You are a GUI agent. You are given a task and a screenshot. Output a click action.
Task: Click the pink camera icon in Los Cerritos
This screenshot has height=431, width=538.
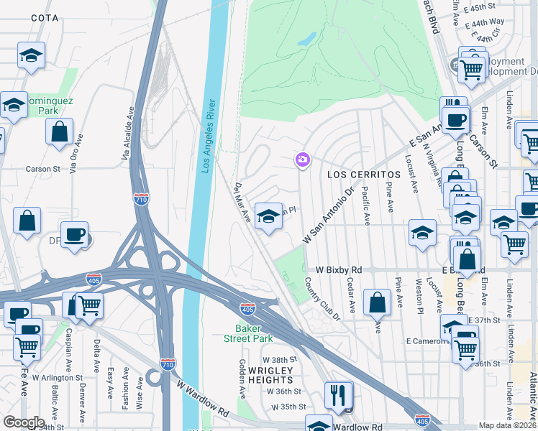302,159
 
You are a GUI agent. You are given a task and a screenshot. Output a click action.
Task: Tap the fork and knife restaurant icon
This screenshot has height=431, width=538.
338,394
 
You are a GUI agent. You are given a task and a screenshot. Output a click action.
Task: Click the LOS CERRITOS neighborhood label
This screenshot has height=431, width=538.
363,175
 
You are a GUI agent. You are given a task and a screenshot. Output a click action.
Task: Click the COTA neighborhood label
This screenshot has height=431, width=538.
45,17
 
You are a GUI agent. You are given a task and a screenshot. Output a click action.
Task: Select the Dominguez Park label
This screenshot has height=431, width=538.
49,106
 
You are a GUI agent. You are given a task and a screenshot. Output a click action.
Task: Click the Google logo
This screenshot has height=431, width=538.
24,422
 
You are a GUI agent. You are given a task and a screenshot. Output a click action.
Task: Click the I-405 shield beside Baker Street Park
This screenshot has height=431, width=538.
247,309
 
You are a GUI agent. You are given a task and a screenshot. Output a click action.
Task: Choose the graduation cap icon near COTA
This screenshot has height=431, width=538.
32,55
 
